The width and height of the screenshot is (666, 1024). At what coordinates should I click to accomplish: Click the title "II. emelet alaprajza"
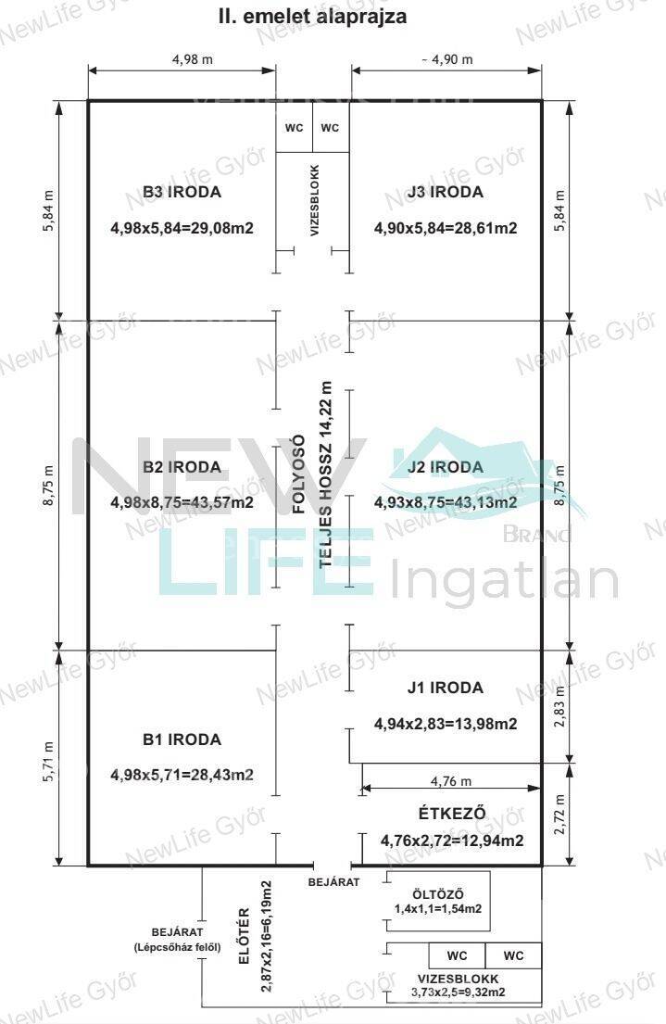click(312, 16)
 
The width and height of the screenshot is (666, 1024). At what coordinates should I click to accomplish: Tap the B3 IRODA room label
click(182, 192)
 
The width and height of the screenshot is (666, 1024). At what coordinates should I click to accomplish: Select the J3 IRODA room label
click(446, 192)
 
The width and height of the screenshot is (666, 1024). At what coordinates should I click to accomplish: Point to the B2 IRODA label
click(182, 467)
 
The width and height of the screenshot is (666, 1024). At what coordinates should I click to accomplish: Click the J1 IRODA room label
click(446, 688)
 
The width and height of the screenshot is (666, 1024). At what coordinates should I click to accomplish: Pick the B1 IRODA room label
click(182, 740)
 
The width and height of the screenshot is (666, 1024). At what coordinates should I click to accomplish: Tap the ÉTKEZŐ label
click(452, 813)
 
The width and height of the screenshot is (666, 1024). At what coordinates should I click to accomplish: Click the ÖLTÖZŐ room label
click(438, 894)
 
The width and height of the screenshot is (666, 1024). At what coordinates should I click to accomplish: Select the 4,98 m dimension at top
click(193, 59)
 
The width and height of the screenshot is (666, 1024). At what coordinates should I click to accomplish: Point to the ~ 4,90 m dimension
click(447, 59)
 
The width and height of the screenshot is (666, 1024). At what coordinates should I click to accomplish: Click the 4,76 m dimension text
click(450, 781)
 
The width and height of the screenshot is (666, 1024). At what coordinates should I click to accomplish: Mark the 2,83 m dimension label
click(559, 707)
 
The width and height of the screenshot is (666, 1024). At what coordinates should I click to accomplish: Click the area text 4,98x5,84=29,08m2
click(182, 228)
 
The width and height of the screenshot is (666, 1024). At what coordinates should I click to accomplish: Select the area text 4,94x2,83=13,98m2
click(446, 724)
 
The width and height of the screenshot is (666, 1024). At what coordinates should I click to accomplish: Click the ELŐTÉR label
click(245, 936)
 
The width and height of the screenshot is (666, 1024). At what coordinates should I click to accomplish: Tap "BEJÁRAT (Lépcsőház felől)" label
click(177, 940)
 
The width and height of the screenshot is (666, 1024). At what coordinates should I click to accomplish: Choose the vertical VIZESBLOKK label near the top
click(315, 200)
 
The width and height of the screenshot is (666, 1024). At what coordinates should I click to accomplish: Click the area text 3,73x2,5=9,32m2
click(458, 992)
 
